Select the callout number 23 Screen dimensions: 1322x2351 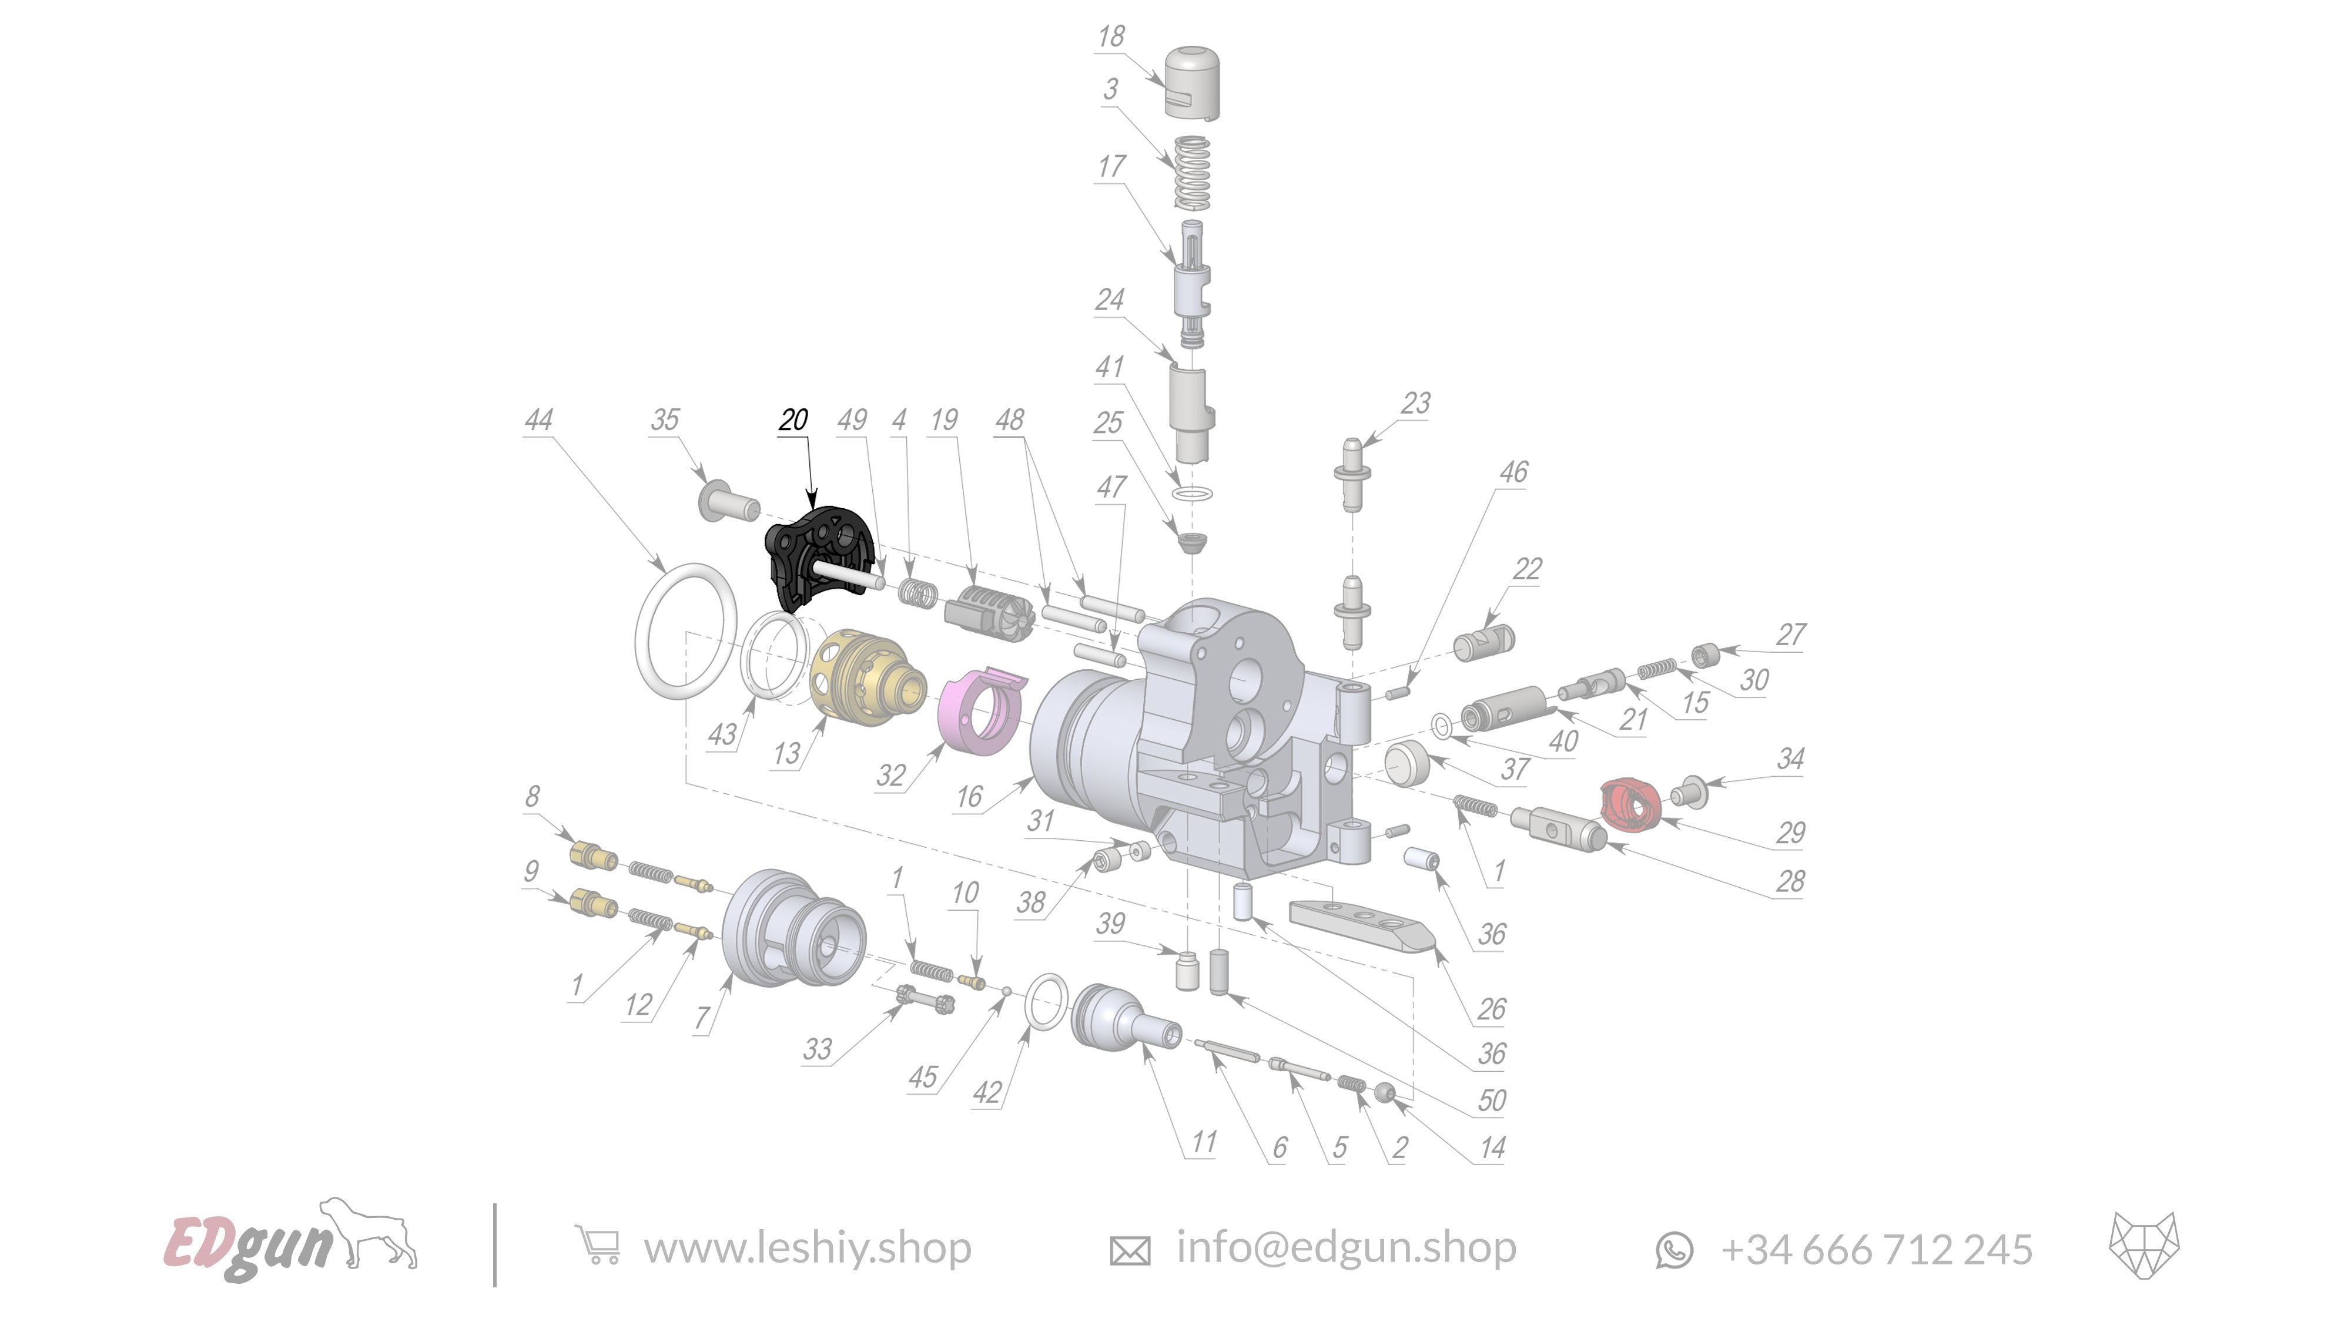point(1415,403)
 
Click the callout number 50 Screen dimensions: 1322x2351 point(1491,1100)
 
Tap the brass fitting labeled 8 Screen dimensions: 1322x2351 point(591,856)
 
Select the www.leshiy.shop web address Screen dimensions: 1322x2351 point(807,1248)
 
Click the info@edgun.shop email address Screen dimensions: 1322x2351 point(1345,1247)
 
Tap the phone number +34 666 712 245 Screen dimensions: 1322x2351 point(1877,1249)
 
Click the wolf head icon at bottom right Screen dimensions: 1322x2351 point(2144,1246)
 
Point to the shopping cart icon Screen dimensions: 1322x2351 point(598,1246)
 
